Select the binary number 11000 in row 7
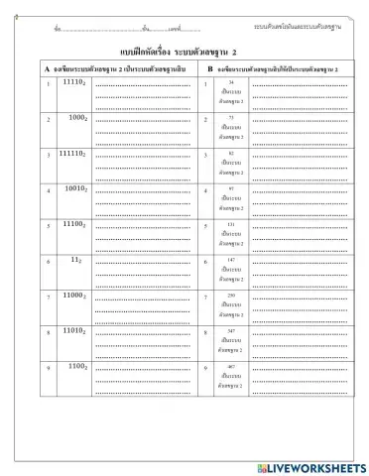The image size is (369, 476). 75,295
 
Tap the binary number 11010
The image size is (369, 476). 75,330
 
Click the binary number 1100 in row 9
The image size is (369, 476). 78,365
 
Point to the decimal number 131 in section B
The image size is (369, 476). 230,225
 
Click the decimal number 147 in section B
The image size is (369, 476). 230,260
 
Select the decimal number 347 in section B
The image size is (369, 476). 230,330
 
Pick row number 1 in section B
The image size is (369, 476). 204,84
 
